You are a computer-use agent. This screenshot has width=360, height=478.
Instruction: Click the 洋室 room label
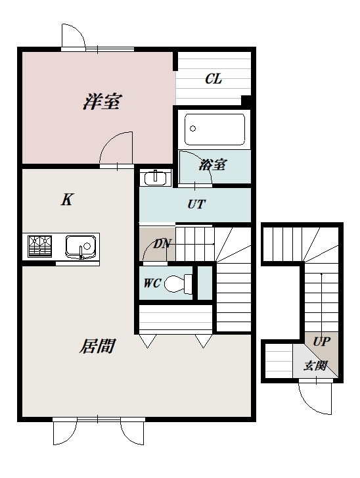click(102, 101)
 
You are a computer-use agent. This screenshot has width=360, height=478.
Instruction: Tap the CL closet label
click(214, 79)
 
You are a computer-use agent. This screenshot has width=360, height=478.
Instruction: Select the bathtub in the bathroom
click(215, 130)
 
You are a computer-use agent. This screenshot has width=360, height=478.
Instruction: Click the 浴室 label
click(212, 164)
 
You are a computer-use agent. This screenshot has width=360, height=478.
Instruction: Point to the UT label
click(196, 204)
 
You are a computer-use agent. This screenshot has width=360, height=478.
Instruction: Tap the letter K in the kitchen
click(67, 200)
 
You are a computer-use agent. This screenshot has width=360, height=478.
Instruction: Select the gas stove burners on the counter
click(39, 246)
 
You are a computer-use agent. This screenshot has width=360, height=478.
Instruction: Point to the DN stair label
click(162, 243)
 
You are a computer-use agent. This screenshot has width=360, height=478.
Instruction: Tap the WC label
click(152, 283)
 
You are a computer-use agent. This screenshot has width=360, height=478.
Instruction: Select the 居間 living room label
click(97, 347)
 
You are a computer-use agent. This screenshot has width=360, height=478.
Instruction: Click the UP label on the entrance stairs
click(322, 341)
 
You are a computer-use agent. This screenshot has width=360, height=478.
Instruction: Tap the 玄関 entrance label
click(315, 366)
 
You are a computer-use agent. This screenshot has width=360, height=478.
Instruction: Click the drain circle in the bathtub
click(192, 129)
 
